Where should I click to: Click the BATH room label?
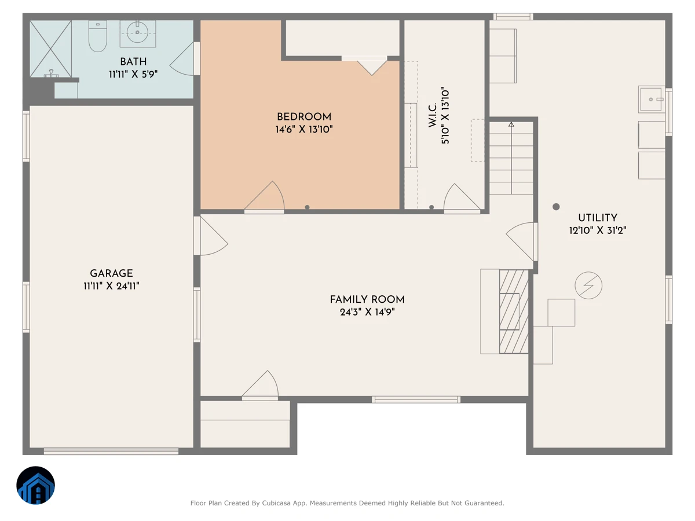[133, 61]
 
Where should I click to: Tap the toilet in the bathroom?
[97, 36]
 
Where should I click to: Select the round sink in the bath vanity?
[137, 32]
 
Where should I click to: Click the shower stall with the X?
[50, 49]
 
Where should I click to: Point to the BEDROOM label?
[304, 117]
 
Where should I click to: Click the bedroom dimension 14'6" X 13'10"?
[304, 129]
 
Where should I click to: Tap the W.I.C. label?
[433, 115]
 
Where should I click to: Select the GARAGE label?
[111, 273]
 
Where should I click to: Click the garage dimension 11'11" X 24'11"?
[111, 286]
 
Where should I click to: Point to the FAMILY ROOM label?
[367, 299]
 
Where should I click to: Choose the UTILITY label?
[598, 218]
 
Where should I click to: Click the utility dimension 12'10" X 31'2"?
[598, 230]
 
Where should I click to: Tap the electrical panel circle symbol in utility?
[588, 285]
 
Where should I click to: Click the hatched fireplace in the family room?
[514, 311]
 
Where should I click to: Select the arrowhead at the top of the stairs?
[511, 124]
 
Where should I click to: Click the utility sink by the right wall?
[652, 100]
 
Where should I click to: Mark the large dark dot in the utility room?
[556, 207]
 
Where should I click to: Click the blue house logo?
[35, 485]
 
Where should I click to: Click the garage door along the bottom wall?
[111, 452]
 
